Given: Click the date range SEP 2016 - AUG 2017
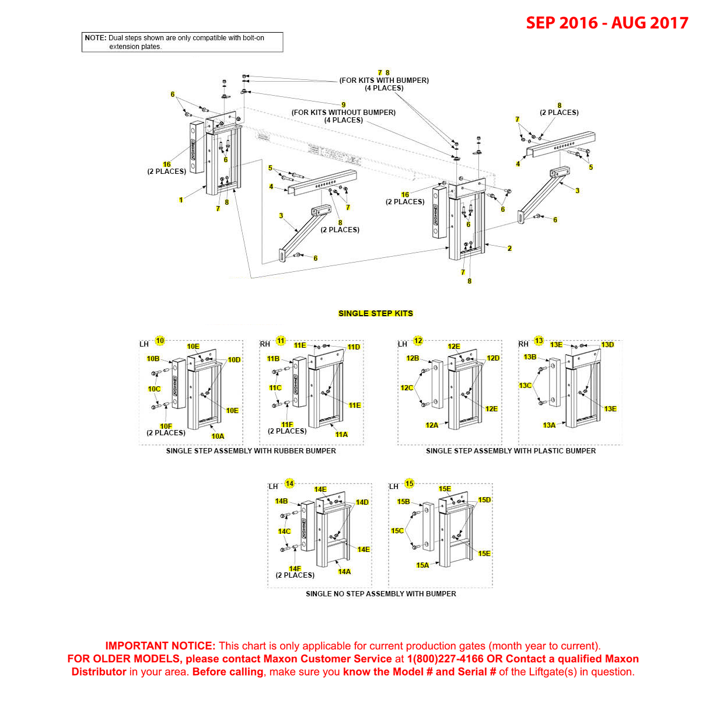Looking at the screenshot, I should [x=607, y=23].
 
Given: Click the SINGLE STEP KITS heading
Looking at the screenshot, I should [x=375, y=313].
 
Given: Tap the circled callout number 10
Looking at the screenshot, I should [x=160, y=341].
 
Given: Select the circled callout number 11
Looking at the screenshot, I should [x=281, y=341].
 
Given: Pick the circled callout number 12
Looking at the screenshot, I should [x=418, y=341].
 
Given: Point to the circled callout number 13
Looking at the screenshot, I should [x=539, y=341].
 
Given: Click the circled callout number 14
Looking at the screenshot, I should [x=289, y=484].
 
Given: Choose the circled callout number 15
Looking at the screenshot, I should [x=410, y=484].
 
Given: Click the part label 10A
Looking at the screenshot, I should [x=218, y=436].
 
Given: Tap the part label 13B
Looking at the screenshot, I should [x=530, y=357].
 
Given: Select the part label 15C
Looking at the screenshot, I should [x=397, y=531].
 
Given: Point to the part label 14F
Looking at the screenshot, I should [x=295, y=569].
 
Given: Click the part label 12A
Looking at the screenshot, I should [x=432, y=425].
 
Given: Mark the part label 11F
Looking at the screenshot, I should [x=287, y=425].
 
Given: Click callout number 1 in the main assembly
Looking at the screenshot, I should [x=181, y=200].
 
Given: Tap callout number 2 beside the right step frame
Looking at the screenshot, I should [x=509, y=249].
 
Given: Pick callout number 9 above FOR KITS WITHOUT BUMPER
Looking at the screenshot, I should [x=344, y=105].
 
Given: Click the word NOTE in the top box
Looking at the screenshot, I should [x=95, y=38].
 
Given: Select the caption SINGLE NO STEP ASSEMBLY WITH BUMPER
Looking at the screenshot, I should [x=381, y=594].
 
